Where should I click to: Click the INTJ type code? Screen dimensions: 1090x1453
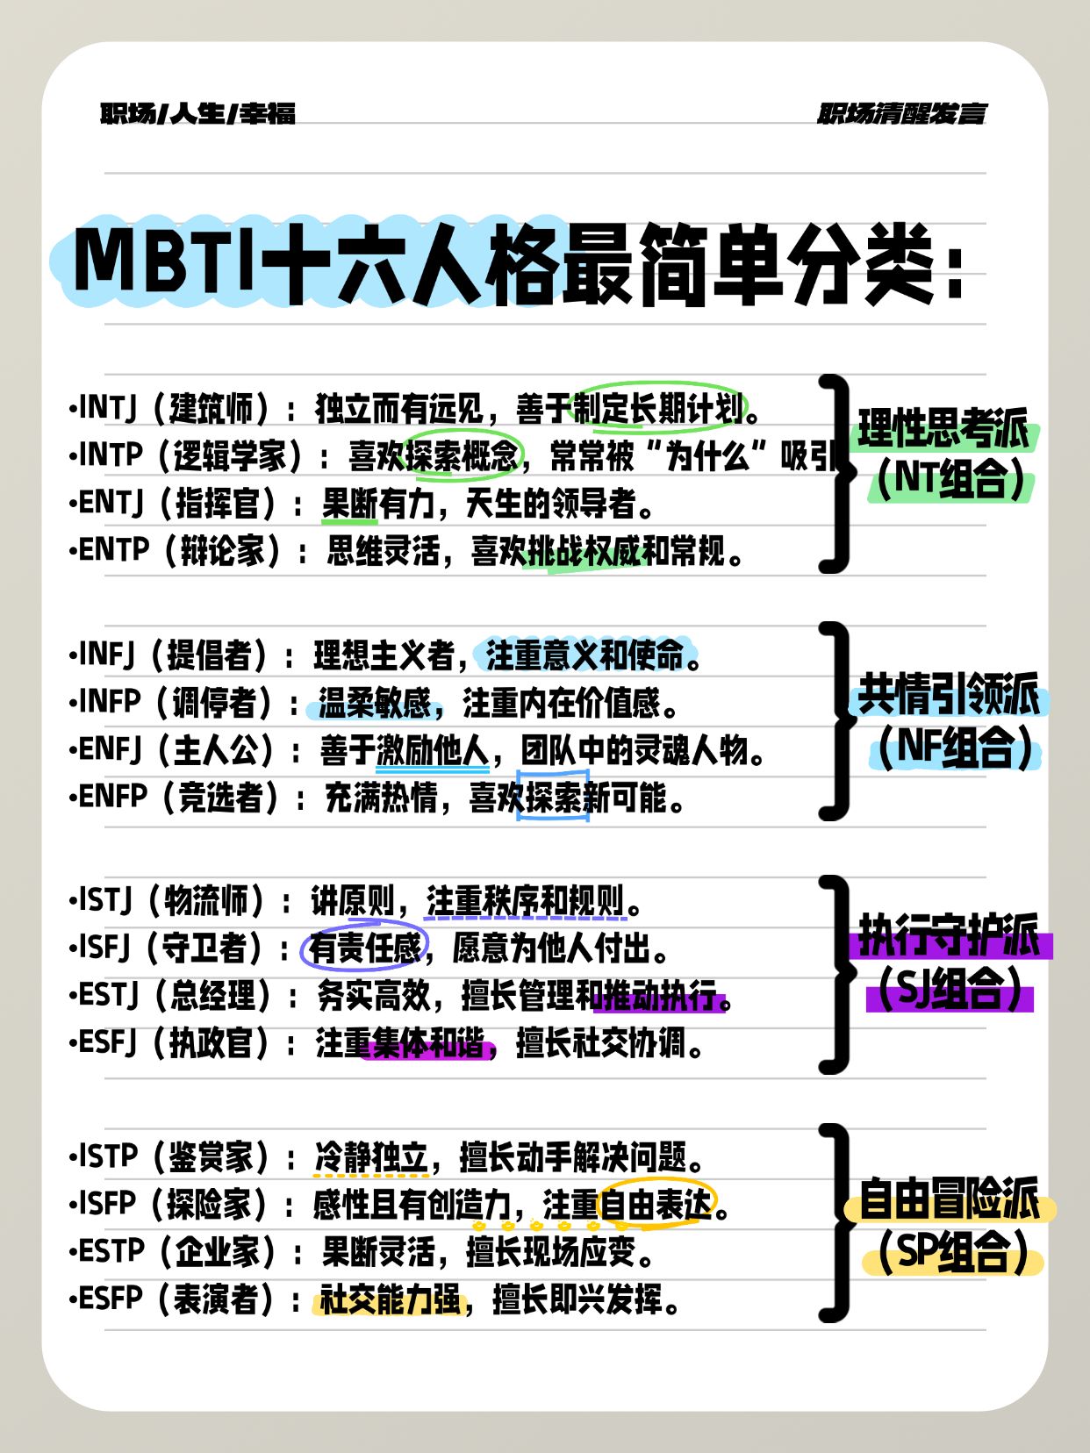pos(108,408)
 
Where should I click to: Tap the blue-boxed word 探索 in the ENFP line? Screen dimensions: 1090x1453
pos(553,797)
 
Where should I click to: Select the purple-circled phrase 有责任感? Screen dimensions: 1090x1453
pos(365,948)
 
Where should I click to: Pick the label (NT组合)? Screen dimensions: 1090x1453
pos(950,478)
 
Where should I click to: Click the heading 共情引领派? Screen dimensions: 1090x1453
pos(949,694)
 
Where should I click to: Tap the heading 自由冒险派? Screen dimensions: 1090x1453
pos(949,1199)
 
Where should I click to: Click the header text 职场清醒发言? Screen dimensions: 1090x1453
pos(902,114)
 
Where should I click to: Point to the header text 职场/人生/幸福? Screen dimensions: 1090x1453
pos(197,114)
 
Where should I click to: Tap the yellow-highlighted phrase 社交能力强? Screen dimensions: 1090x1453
pos(391,1299)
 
